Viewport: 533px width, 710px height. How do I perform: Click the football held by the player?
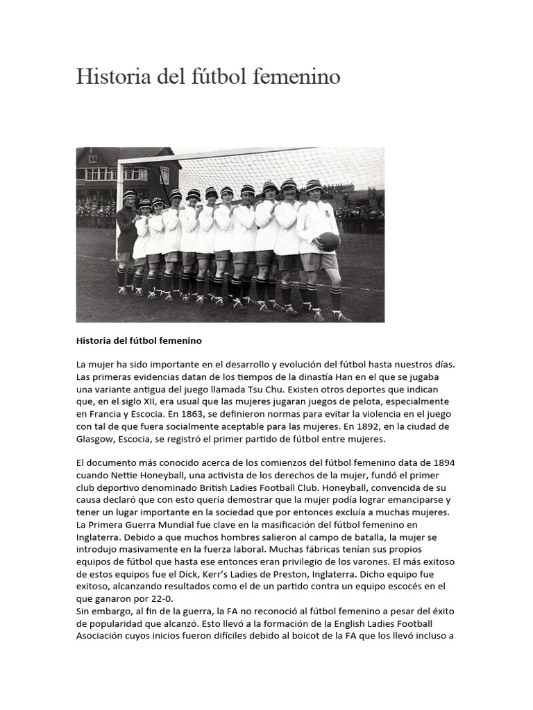point(329,242)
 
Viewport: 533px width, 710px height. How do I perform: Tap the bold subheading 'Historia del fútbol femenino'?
point(139,341)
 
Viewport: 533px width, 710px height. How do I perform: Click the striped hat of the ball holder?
point(314,185)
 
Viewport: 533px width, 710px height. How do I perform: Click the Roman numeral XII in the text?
point(169,401)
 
